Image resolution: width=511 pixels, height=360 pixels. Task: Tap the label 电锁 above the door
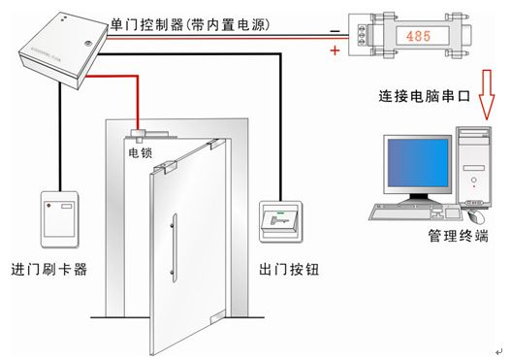click(x=140, y=152)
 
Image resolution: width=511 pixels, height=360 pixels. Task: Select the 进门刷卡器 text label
click(x=48, y=269)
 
